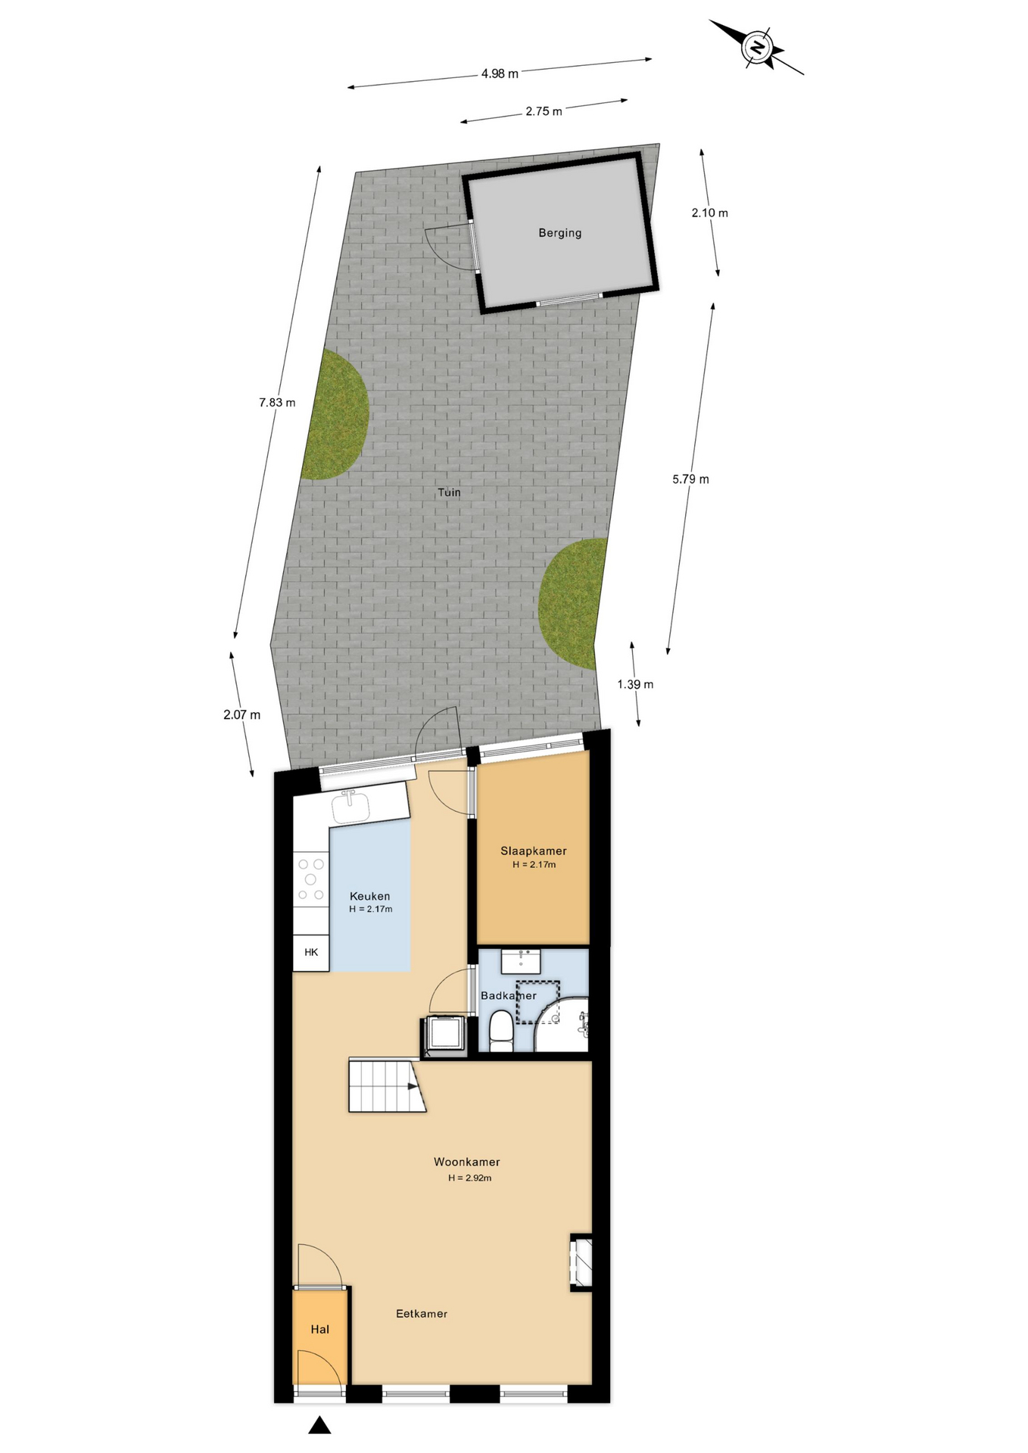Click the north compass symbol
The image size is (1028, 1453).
pyautogui.click(x=757, y=47)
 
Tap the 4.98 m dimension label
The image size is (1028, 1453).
pyautogui.click(x=500, y=73)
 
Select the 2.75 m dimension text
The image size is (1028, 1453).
pyautogui.click(x=544, y=111)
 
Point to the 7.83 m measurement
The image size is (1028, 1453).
pyautogui.click(x=277, y=403)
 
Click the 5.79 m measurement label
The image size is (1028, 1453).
pyautogui.click(x=690, y=479)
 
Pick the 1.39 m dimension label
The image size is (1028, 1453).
pyautogui.click(x=635, y=684)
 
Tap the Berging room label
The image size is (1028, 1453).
pyautogui.click(x=560, y=233)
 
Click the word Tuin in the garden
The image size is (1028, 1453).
pyautogui.click(x=449, y=492)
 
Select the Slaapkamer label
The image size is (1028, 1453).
pyautogui.click(x=534, y=851)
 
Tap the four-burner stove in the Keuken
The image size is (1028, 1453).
pyautogui.click(x=311, y=879)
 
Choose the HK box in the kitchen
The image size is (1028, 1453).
pyautogui.click(x=311, y=952)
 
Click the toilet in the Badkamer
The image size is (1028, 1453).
pyautogui.click(x=500, y=1031)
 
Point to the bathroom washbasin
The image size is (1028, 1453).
pyautogui.click(x=521, y=962)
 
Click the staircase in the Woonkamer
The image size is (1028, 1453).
pyautogui.click(x=387, y=1086)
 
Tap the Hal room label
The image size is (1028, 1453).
pyautogui.click(x=320, y=1329)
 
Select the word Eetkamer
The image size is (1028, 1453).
pyautogui.click(x=422, y=1314)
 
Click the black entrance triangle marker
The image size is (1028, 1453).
pyautogui.click(x=319, y=1425)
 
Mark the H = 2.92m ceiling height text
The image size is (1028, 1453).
pyautogui.click(x=469, y=1178)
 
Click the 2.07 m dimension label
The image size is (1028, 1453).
pyautogui.click(x=241, y=714)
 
